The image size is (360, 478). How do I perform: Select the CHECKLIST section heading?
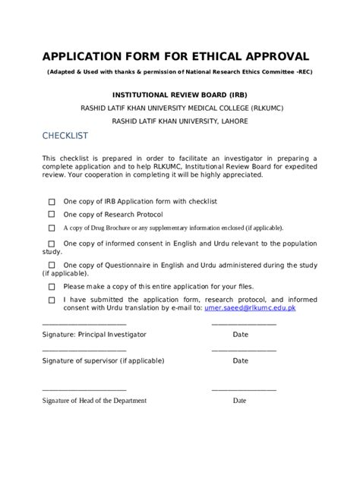coord(65,135)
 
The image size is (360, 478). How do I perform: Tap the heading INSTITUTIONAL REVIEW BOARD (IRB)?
coord(179,96)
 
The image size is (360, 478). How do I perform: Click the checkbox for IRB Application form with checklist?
coord(52,202)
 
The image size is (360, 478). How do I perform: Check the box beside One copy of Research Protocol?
coord(52,215)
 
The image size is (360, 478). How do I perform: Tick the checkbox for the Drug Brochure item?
coord(52,228)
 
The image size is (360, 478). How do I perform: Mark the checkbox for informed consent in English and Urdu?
coord(52,244)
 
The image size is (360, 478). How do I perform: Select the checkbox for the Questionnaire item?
coord(52,265)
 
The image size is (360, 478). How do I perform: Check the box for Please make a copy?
coord(52,288)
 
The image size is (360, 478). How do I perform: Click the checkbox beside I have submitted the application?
coord(52,300)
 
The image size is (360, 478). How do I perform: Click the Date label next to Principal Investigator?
coord(240,334)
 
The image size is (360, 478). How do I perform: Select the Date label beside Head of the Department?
coord(240,401)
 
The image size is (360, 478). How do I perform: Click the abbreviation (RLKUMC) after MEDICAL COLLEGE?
coord(259,108)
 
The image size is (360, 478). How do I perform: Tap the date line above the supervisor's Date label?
coord(244,351)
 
